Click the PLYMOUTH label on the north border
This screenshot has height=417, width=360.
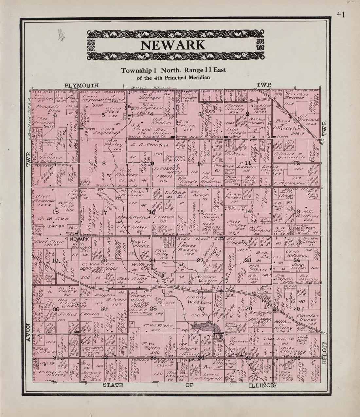click(81, 86)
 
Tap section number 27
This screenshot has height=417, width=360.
click(201, 308)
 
